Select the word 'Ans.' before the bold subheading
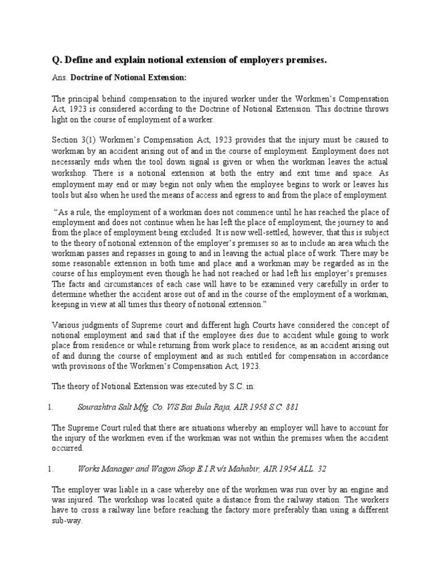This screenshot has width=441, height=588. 60,78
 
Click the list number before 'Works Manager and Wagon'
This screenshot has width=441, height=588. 50,469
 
